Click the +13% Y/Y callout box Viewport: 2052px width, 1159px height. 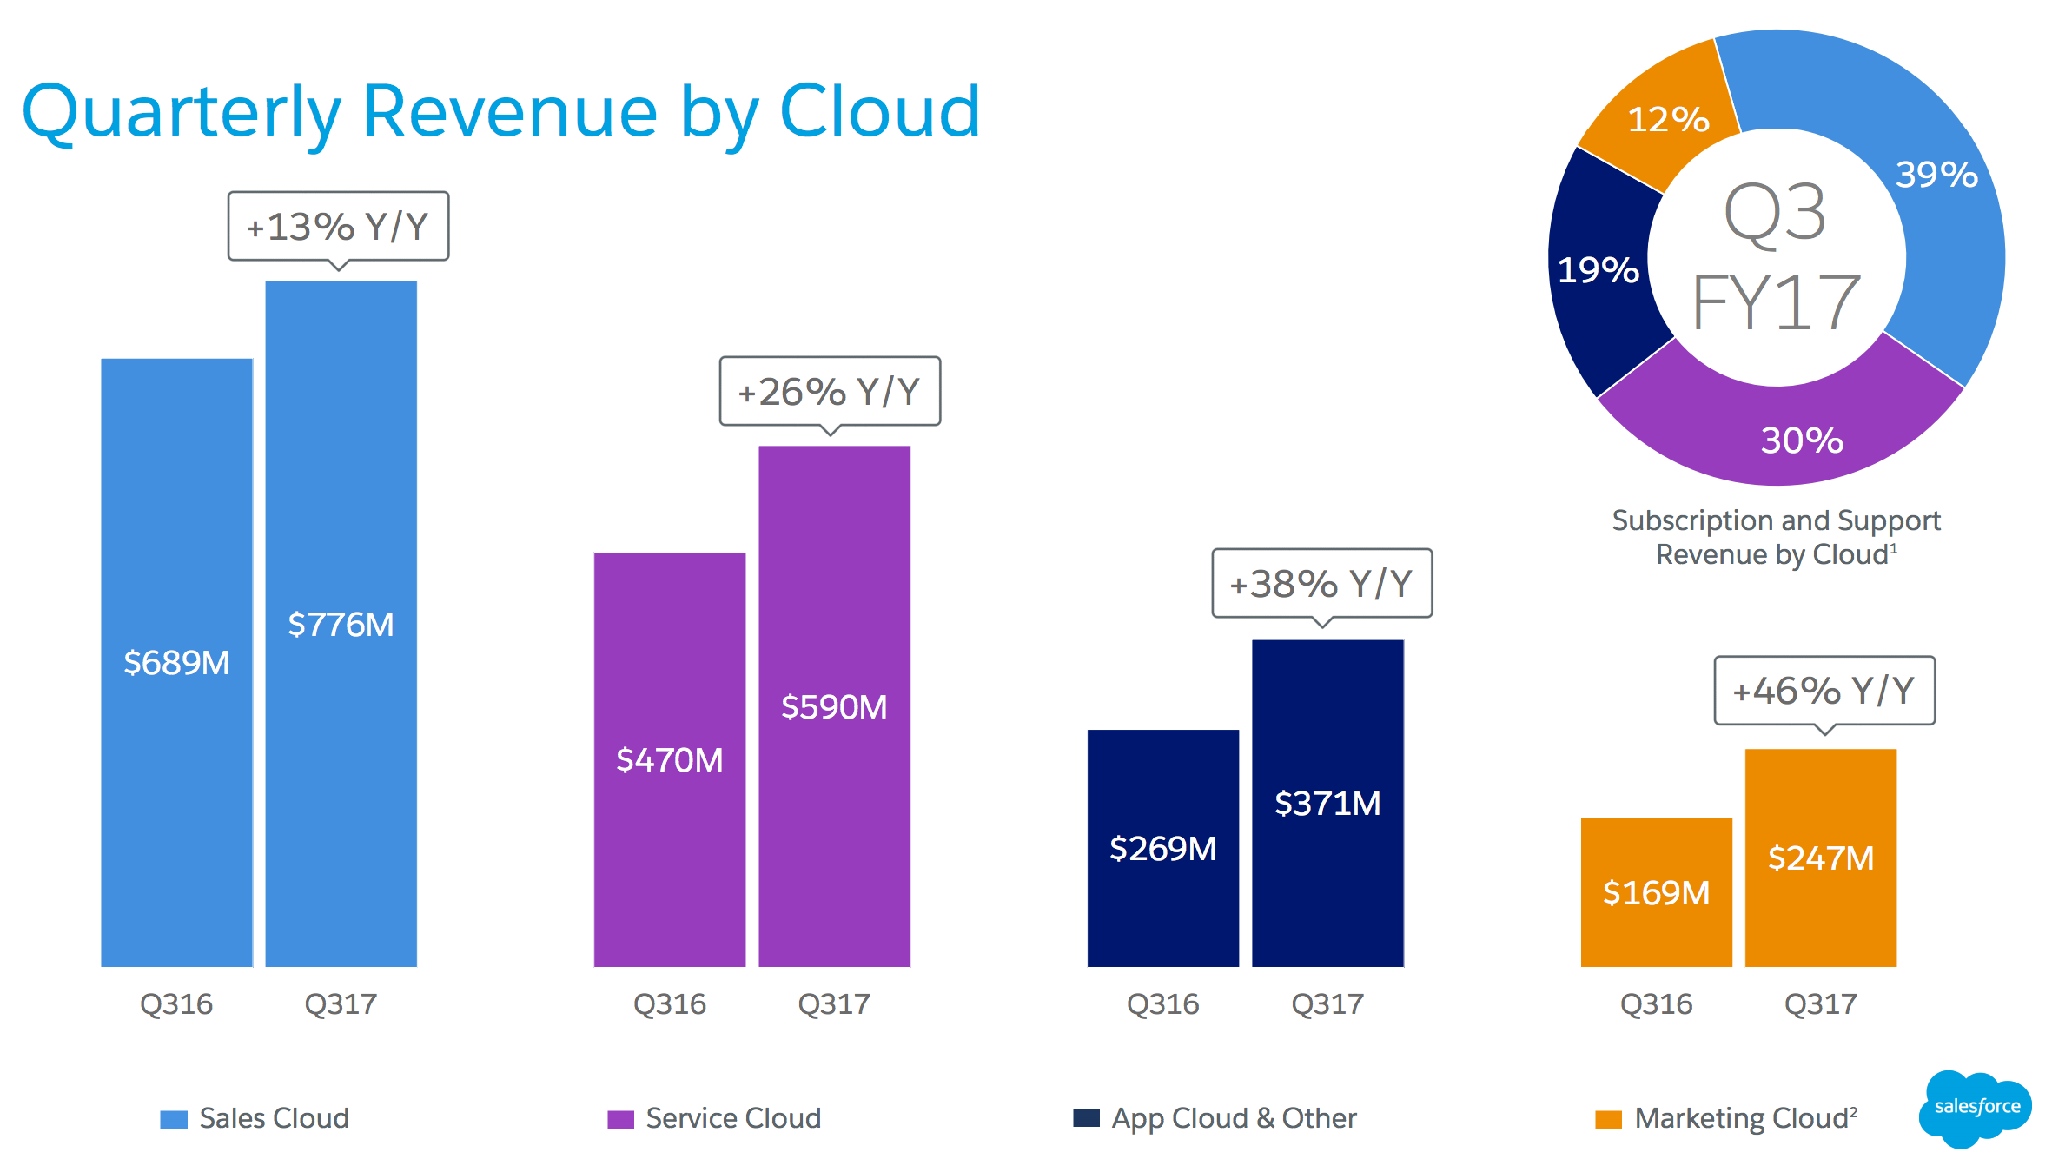(338, 227)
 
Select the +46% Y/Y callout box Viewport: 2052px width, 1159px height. (1824, 691)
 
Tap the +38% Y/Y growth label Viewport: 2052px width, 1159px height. (1321, 583)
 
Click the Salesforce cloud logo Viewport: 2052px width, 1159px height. (1976, 1107)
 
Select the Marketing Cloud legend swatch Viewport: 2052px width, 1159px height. (1608, 1119)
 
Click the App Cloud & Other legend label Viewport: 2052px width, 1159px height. (1234, 1118)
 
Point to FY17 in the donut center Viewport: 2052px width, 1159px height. (1776, 302)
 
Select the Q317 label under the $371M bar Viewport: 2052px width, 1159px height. (1327, 1004)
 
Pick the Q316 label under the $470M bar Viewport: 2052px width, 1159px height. (669, 1004)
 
